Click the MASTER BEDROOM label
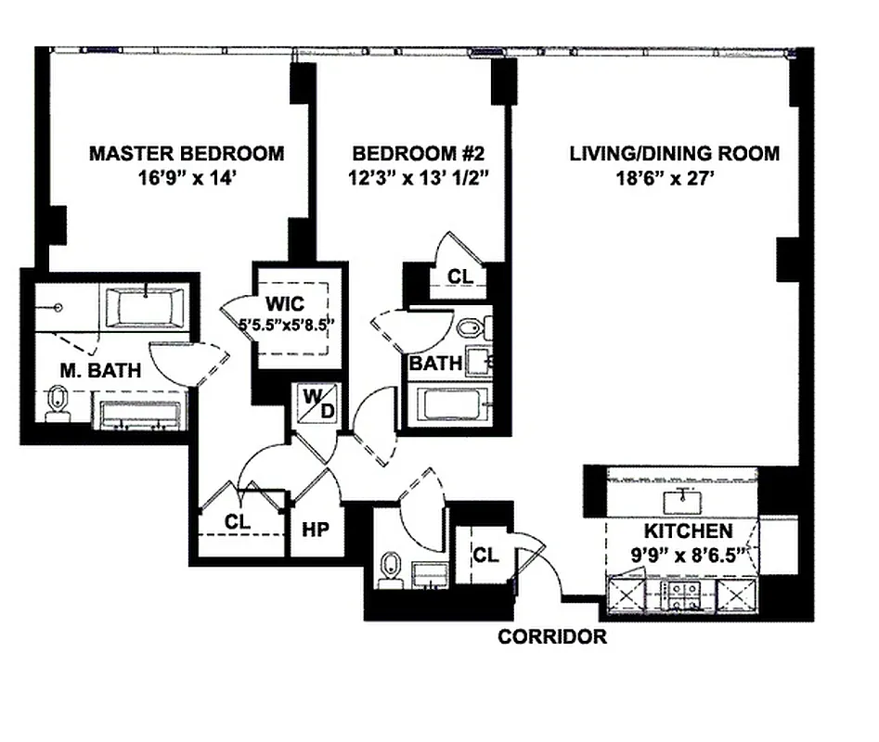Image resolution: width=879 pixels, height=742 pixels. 187,153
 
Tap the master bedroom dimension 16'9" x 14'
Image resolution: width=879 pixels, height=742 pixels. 187,177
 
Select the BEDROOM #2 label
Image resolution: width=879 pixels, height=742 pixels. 406,153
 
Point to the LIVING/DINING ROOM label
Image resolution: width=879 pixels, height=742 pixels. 675,153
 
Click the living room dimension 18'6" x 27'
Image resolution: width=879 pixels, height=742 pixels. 675,177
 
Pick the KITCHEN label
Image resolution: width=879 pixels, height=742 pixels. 689,531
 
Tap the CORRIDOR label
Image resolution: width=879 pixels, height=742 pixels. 552,637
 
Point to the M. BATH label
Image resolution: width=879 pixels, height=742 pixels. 101,371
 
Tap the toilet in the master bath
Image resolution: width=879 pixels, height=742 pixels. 58,404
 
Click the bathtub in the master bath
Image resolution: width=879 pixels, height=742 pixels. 147,307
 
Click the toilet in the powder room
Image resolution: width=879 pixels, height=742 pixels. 391,567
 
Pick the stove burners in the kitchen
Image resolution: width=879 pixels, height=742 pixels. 685,594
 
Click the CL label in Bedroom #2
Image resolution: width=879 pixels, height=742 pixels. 459,276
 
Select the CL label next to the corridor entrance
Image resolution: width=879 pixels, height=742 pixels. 485,556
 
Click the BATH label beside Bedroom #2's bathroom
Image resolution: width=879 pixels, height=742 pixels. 434,363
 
